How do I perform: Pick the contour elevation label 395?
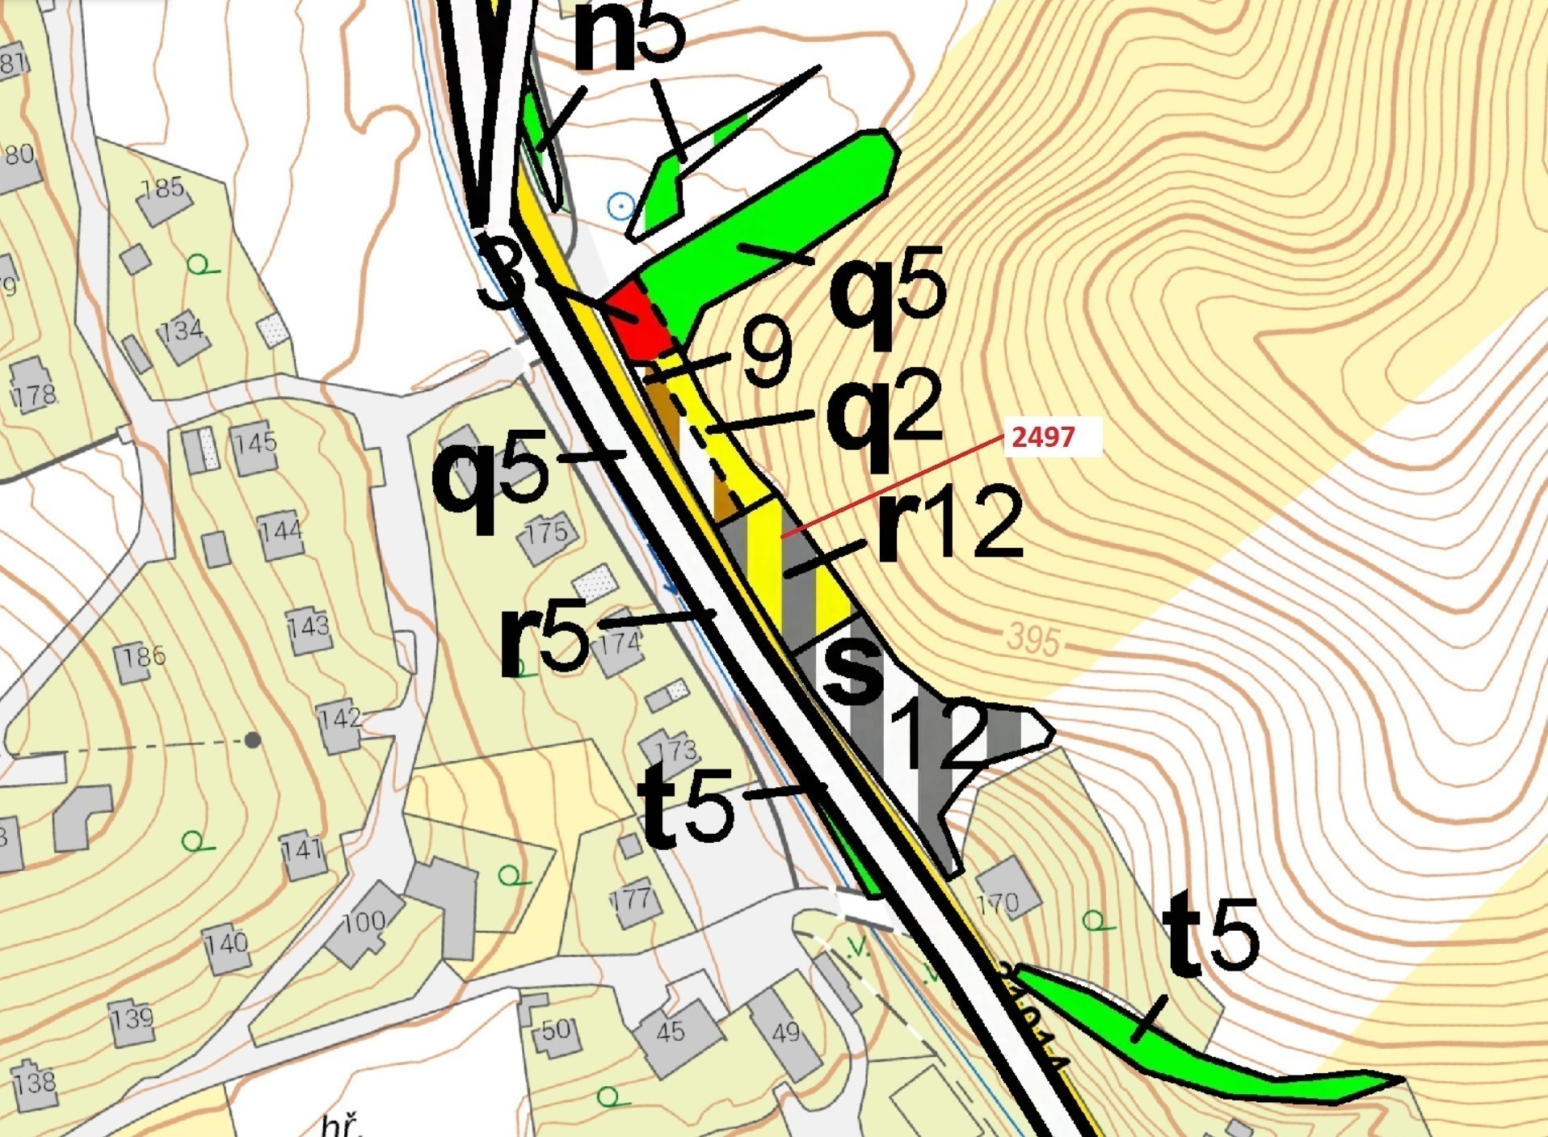click(x=1033, y=641)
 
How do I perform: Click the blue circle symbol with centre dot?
click(x=620, y=207)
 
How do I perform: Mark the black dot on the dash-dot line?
click(x=253, y=739)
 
